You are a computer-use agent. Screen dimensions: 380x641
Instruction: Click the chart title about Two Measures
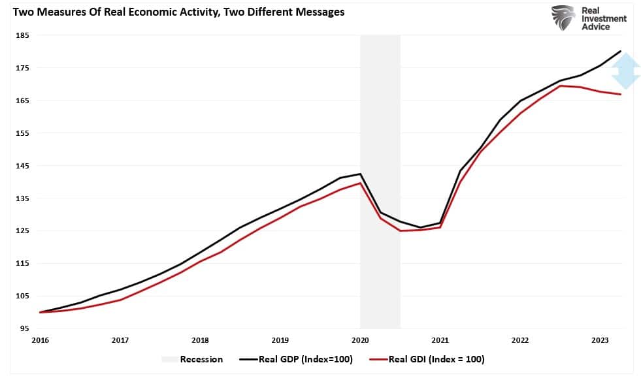tap(174, 12)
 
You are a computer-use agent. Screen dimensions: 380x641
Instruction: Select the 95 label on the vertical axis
tap(23, 329)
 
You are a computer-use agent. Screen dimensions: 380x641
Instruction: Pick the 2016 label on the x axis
tap(40, 340)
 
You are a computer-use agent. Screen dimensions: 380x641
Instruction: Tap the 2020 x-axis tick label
tap(360, 340)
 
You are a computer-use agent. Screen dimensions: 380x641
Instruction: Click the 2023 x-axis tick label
tap(600, 340)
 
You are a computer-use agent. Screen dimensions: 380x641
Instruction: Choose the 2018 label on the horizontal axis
tap(200, 340)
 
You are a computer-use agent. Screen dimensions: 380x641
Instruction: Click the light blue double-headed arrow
tap(626, 71)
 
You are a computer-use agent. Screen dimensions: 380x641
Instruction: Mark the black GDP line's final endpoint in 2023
tap(620, 51)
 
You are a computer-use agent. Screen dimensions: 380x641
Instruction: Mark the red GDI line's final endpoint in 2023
tap(620, 95)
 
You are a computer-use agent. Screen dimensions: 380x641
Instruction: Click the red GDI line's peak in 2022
tap(561, 86)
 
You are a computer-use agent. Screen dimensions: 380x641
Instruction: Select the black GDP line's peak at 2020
tap(360, 174)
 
